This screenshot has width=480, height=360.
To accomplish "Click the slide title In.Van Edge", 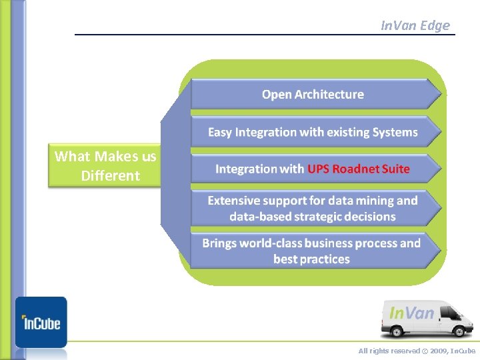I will coord(415,25).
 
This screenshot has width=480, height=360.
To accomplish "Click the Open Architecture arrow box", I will coord(313,95).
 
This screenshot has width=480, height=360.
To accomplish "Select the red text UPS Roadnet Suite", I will coord(359,169).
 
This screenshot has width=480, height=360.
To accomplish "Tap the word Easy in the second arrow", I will coord(220,132).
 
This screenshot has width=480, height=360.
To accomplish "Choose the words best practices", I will coord(311,259).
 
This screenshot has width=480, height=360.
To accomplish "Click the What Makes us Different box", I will coord(105,166).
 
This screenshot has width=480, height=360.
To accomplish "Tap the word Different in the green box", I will coord(110,176).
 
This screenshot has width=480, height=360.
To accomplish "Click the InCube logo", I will coord(41,322).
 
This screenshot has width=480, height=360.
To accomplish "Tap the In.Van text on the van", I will coord(411,312).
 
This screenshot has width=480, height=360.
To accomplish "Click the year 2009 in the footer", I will coord(437,351).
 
